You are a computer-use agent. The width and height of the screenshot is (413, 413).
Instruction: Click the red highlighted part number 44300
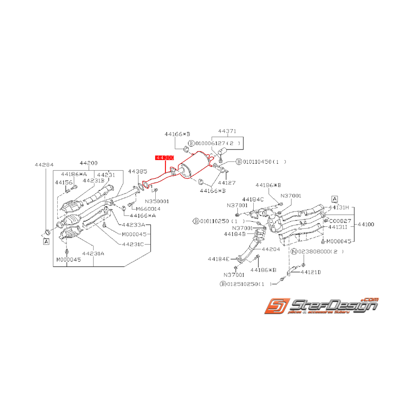(x=164, y=158)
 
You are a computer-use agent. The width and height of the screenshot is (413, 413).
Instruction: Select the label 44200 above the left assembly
(x=88, y=164)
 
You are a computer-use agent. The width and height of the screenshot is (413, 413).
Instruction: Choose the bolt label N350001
(x=157, y=201)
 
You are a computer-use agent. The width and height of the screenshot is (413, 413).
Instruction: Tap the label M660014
(x=148, y=208)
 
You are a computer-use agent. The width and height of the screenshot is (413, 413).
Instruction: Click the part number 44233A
(x=133, y=225)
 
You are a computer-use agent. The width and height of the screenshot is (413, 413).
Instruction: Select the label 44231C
(x=133, y=244)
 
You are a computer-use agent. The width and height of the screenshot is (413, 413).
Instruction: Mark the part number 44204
(x=271, y=249)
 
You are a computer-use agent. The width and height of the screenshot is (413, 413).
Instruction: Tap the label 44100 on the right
(x=366, y=225)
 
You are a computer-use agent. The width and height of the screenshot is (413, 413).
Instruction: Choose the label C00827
(x=340, y=220)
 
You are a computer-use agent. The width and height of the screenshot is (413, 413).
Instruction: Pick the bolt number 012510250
(x=244, y=284)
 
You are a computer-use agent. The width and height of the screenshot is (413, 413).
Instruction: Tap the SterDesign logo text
(x=333, y=305)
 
